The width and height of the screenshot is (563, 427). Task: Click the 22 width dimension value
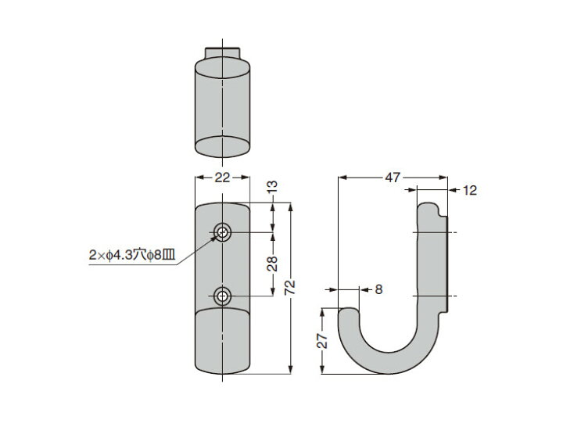click(222, 178)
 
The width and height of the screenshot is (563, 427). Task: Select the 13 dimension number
click(273, 186)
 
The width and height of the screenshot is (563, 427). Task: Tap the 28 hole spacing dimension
click(273, 264)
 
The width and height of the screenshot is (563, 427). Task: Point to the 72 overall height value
click(290, 287)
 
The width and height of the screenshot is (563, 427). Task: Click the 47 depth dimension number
click(392, 178)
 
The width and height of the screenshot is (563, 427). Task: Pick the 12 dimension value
click(470, 190)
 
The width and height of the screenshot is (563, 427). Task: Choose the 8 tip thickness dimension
click(378, 289)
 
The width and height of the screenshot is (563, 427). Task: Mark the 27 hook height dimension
click(323, 340)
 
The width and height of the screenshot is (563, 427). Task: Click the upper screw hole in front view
click(223, 233)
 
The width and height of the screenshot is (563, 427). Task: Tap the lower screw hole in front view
click(223, 296)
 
